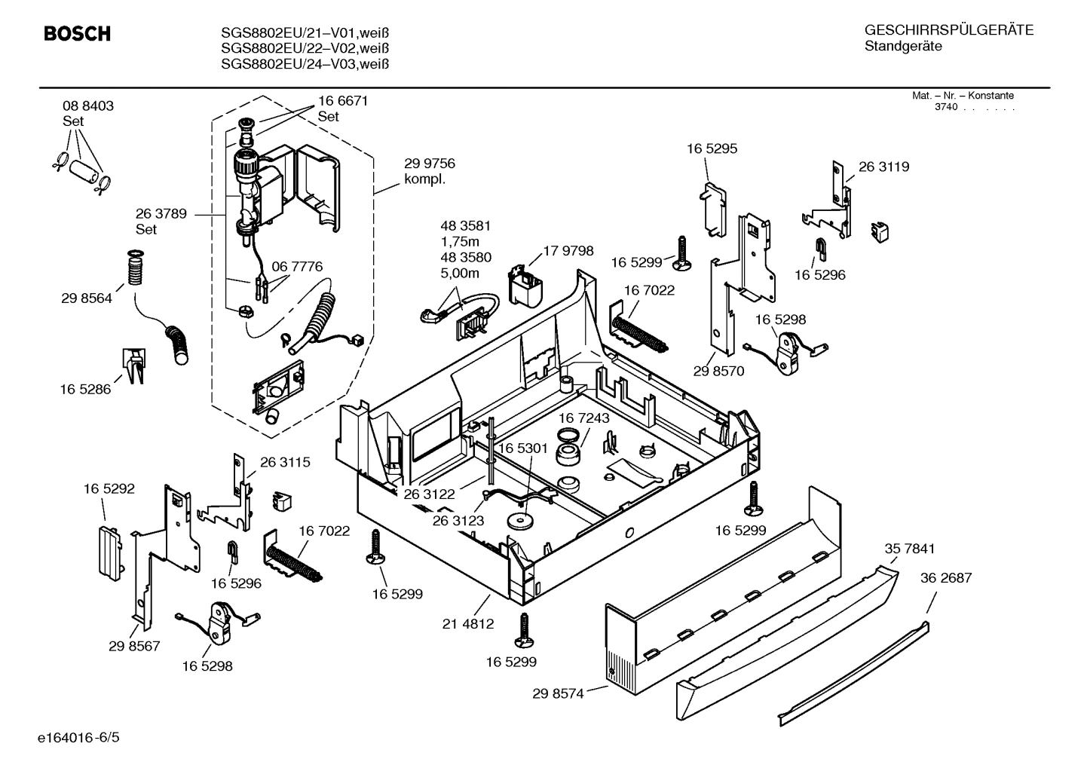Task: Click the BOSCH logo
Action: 77,34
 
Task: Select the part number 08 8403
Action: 88,106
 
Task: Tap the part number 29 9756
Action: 430,164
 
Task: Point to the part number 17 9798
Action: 568,251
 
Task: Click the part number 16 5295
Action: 712,148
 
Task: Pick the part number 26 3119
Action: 883,167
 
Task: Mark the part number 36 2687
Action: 946,578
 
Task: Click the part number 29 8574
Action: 558,693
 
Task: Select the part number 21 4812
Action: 468,623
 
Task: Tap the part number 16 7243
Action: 584,418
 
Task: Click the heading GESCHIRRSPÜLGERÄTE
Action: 948,30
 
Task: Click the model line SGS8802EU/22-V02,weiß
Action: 305,48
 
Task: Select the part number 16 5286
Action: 85,389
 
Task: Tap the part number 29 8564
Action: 87,298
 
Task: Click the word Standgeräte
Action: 903,47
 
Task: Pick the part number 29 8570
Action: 718,371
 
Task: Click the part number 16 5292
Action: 109,488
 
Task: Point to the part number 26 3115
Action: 285,462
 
